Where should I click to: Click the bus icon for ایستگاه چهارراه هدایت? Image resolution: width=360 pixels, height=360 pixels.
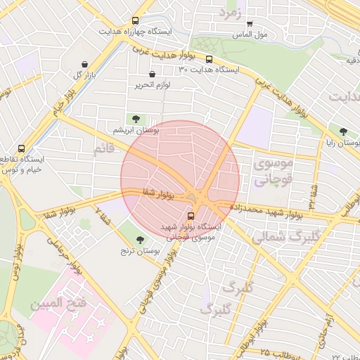pyautogui.click(x=135, y=21)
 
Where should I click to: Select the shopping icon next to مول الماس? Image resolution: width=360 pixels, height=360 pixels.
pyautogui.click(x=250, y=24)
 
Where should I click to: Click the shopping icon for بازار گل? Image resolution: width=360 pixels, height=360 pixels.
pyautogui.click(x=85, y=63)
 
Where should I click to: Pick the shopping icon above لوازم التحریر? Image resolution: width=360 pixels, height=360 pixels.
pyautogui.click(x=153, y=74)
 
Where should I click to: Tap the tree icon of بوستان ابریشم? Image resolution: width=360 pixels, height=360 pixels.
pyautogui.click(x=136, y=119)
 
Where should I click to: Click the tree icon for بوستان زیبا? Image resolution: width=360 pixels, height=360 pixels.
pyautogui.click(x=343, y=131)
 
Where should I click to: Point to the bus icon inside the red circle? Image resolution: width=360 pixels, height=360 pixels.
pyautogui.click(x=192, y=216)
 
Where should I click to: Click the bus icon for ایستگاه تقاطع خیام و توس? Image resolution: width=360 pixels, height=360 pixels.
pyautogui.click(x=21, y=148)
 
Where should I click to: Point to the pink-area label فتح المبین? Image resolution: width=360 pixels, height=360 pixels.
pyautogui.click(x=58, y=303)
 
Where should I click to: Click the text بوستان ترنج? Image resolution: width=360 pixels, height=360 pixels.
pyautogui.click(x=136, y=250)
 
